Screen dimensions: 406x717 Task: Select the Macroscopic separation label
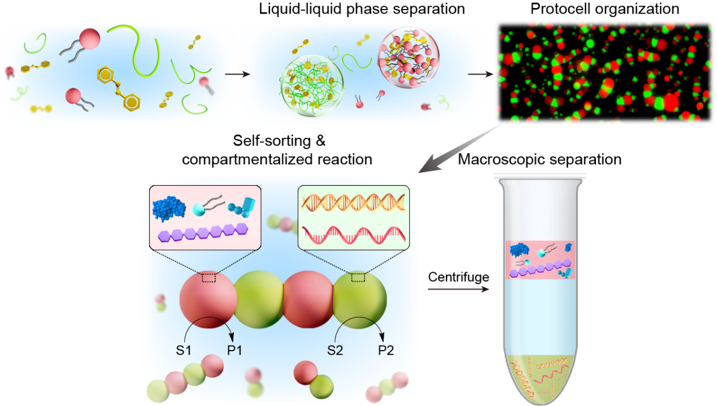click(540, 159)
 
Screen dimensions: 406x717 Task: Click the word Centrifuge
click(458, 277)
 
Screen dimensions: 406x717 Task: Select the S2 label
click(335, 351)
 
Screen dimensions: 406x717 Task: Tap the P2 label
click(386, 351)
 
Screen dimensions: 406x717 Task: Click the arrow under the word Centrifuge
click(458, 290)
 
